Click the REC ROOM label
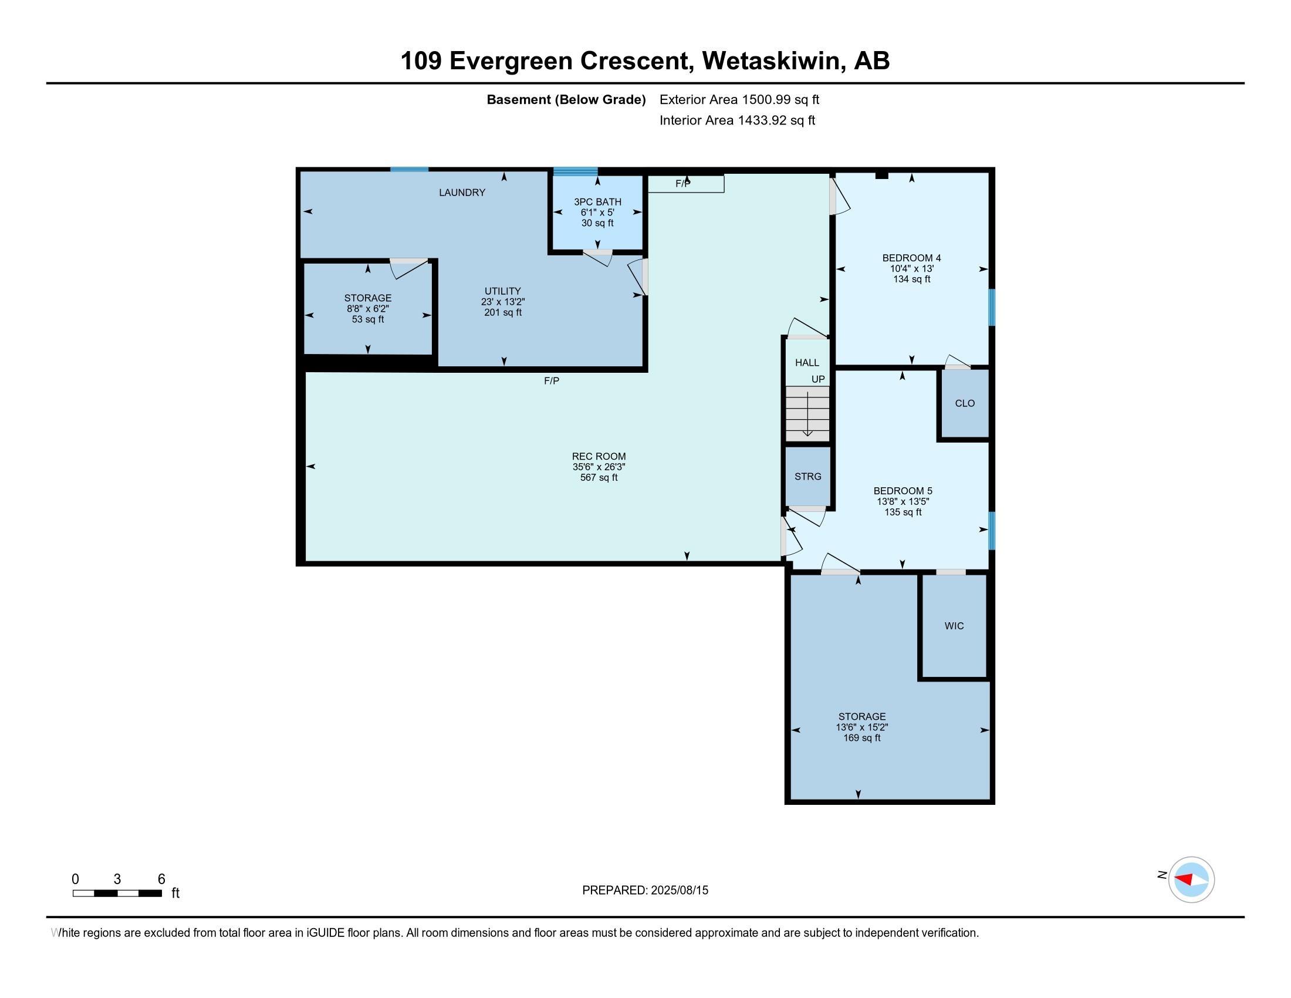pyautogui.click(x=598, y=456)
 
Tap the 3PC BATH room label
pyautogui.click(x=597, y=202)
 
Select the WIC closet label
pyautogui.click(x=954, y=626)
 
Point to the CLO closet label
pyautogui.click(x=965, y=403)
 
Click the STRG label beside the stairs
pyautogui.click(x=808, y=477)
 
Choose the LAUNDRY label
pyautogui.click(x=462, y=193)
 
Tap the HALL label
pyautogui.click(x=807, y=363)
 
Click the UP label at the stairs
pyautogui.click(x=818, y=380)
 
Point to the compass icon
pyautogui.click(x=1191, y=880)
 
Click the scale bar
pyautogui.click(x=117, y=894)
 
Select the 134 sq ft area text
pyautogui.click(x=911, y=279)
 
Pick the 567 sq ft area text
pyautogui.click(x=599, y=478)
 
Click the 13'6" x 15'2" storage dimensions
pyautogui.click(x=862, y=727)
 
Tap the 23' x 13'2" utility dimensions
pyautogui.click(x=502, y=302)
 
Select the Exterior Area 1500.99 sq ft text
pyautogui.click(x=739, y=100)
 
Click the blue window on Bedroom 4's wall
pyautogui.click(x=992, y=307)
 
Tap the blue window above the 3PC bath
pyautogui.click(x=575, y=171)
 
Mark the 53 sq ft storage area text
pyautogui.click(x=368, y=320)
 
